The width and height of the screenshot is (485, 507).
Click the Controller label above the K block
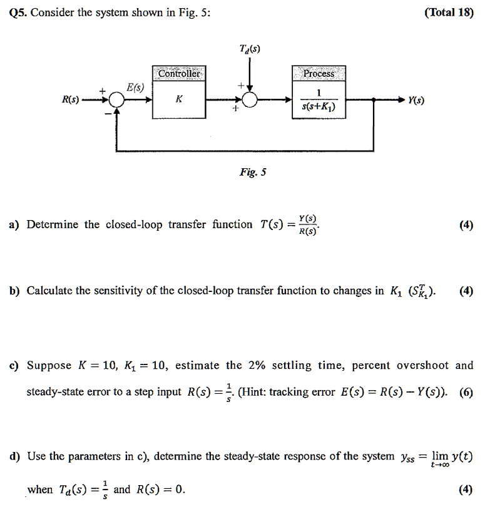[180, 74]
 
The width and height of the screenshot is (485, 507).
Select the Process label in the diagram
[319, 74]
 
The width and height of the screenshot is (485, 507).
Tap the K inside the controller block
[180, 99]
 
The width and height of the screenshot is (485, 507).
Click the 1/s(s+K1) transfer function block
[319, 100]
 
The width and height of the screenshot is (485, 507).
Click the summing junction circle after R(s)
[116, 99]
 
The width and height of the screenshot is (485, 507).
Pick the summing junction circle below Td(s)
[249, 99]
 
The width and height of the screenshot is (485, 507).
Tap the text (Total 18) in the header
[449, 12]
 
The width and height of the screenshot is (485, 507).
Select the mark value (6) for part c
[466, 393]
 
